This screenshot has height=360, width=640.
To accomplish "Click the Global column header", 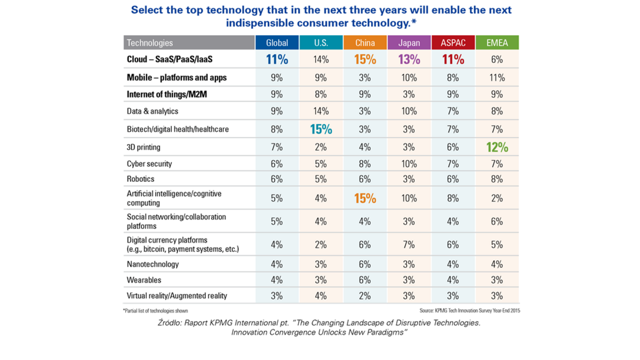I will point(277,43).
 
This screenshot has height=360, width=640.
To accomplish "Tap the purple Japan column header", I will point(409,43).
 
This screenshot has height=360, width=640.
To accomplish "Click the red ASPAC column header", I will point(453,43).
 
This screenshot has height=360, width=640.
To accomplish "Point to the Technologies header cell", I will point(150,43).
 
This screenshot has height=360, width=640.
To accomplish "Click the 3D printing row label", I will point(144,146).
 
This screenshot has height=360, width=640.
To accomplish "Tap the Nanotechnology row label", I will point(153,264).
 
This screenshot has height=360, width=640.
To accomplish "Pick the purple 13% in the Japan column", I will point(409,60).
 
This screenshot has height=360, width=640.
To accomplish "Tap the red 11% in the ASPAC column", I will point(453,60).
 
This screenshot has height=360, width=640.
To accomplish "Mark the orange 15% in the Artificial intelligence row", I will point(365,198).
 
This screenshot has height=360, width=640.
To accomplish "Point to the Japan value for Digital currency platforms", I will point(409,244).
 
